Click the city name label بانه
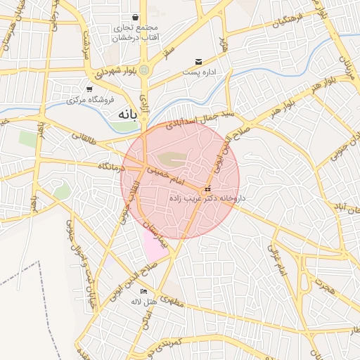click(x=124, y=112)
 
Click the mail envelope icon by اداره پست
click(x=199, y=63)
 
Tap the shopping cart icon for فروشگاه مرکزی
click(x=89, y=89)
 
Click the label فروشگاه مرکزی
click(x=90, y=100)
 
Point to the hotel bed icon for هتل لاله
click(x=144, y=292)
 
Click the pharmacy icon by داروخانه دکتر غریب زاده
click(x=207, y=189)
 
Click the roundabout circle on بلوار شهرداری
click(x=144, y=70)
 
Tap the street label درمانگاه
click(x=106, y=167)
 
